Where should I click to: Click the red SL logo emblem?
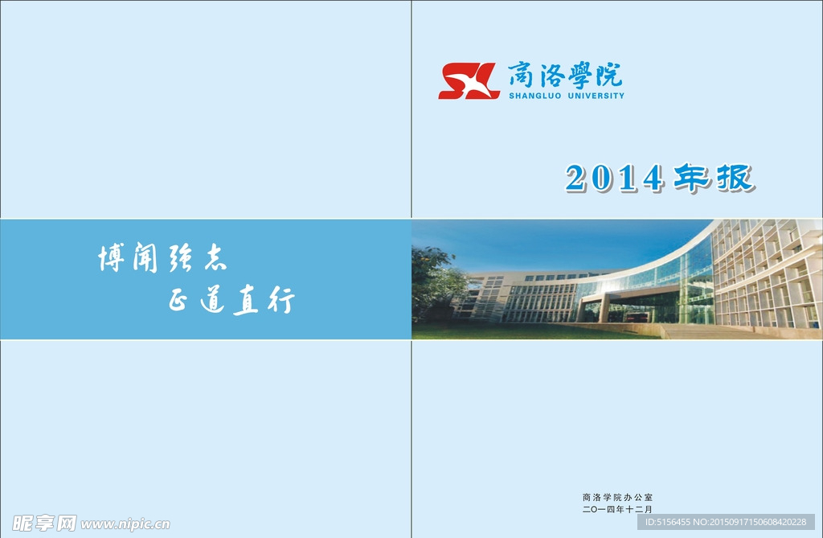pos(469,81)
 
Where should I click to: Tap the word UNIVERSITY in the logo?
pos(596,96)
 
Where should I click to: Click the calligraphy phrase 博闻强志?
pos(162,257)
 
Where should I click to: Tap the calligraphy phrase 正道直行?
pos(231,299)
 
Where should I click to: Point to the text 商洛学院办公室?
pos(618,497)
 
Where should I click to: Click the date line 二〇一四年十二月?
pos(618,509)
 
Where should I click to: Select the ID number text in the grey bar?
pos(726,522)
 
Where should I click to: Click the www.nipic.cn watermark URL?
pos(125,524)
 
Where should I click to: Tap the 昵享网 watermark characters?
pos(44,524)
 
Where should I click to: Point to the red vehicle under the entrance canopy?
pos(637,318)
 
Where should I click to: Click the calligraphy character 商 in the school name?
pos(521,74)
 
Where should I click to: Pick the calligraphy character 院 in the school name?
pos(609,74)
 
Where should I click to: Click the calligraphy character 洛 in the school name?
pos(550,74)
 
